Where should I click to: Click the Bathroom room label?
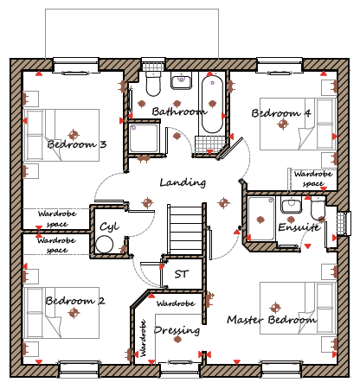179,112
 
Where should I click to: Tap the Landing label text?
183,182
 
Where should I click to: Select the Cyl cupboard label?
109,227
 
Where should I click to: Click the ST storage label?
182,274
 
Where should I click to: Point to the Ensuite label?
299,227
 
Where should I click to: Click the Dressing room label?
177,330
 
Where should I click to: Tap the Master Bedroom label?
272,319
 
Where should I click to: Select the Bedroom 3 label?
77,143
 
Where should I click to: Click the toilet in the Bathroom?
153,84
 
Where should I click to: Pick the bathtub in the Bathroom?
212,104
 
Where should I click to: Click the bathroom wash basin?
182,80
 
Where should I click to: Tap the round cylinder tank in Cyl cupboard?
104,245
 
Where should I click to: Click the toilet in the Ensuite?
318,208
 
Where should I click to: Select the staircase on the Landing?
185,229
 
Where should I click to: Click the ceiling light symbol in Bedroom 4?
283,124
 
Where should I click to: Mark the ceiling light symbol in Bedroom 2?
74,312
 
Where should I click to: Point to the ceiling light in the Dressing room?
177,339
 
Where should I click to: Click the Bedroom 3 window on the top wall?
76,66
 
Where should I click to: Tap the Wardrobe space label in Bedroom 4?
313,179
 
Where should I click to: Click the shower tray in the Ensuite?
261,219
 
